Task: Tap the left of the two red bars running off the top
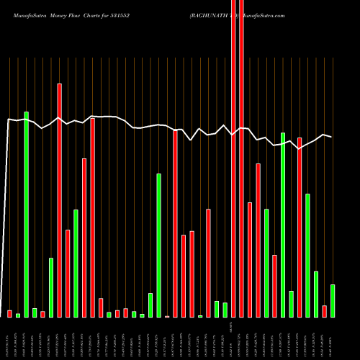pyautogui.click(x=233, y=158)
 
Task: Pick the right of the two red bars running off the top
pyautogui.click(x=241, y=158)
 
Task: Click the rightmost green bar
pyautogui.click(x=333, y=301)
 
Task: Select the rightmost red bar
pyautogui.click(x=324, y=311)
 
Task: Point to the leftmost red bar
pyautogui.click(x=10, y=313)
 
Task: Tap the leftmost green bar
pyautogui.click(x=18, y=315)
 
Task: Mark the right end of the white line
pyautogui.click(x=331, y=136)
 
